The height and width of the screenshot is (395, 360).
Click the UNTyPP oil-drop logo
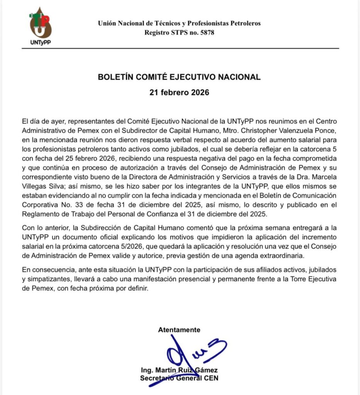coord(40,25)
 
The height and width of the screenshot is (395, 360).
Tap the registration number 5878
coord(206,33)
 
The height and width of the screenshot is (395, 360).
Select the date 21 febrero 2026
coord(179,93)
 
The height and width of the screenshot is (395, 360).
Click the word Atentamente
coord(179,330)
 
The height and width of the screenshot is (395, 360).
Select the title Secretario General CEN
coord(179,378)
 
